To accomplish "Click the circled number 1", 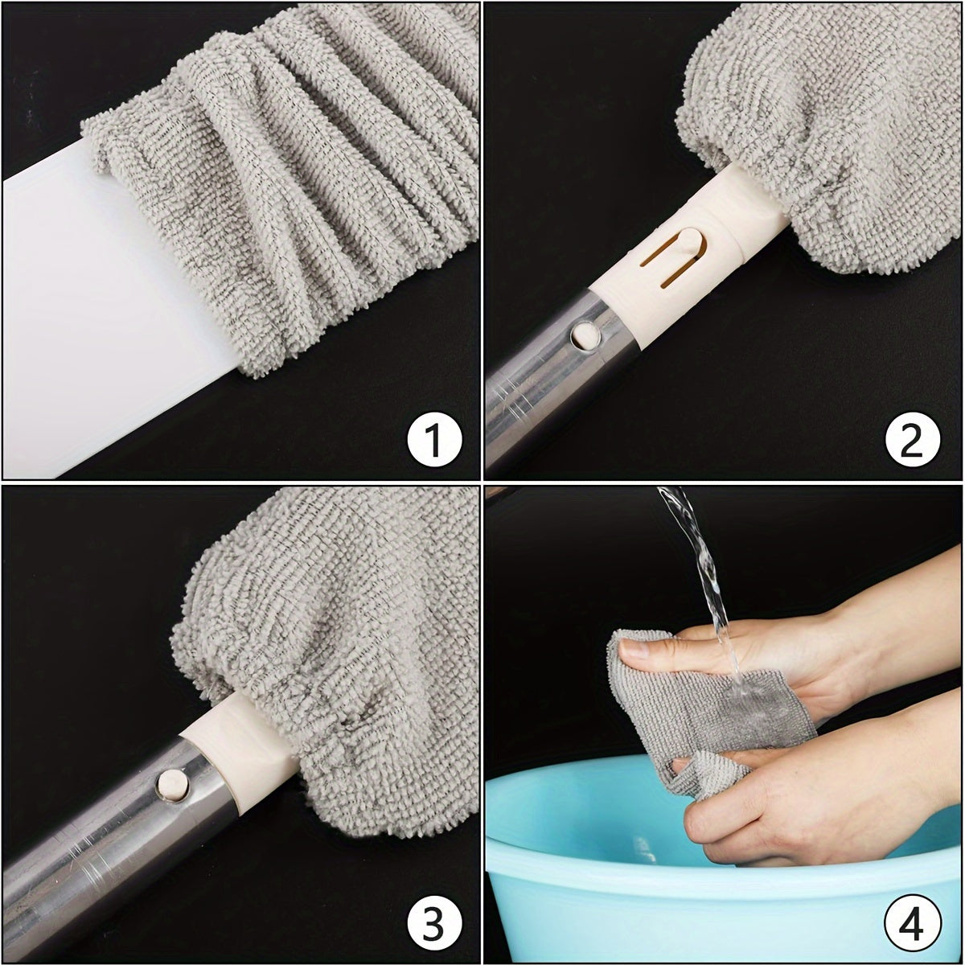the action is click(433, 438).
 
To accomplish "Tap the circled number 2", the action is click(912, 439).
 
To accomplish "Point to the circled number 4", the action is click(913, 921).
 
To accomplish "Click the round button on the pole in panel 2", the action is click(586, 335).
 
